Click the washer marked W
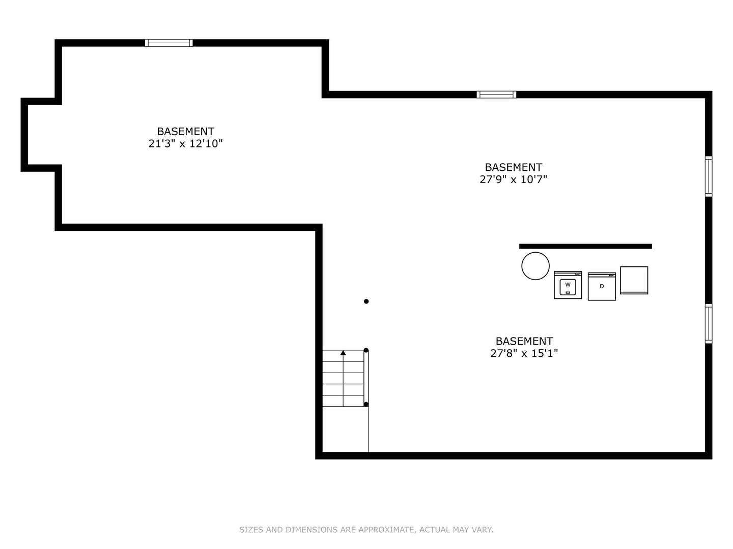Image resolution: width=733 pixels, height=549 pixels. pos(568,285)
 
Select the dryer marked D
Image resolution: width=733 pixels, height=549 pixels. pos(602,286)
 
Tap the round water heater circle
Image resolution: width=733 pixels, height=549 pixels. pos(535,266)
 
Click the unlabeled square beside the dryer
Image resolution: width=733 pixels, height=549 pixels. pos(634,280)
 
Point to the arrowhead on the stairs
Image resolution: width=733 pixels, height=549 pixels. pos(343,353)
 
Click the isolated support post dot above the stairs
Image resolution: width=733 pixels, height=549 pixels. pos(366,301)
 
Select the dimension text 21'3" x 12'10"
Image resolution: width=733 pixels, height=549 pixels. pos(185,144)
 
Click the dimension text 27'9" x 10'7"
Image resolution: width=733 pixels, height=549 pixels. pos(513,179)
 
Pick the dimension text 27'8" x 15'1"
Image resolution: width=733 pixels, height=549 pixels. pos(524,353)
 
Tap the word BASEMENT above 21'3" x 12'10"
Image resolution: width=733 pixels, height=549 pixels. pos(185,131)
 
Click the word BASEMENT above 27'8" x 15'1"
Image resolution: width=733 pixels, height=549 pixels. pos(524,341)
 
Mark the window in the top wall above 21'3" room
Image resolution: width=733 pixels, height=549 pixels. pos(168,43)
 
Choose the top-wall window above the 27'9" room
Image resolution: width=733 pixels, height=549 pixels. pos(496,95)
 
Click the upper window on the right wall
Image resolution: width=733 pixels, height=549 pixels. pos(709,176)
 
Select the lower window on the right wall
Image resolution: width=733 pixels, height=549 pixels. pos(709,323)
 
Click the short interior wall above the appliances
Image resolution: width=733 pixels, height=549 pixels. pos(585,247)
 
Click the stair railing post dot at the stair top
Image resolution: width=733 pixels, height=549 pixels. pos(366,350)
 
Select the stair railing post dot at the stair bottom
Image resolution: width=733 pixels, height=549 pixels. pos(366,404)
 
